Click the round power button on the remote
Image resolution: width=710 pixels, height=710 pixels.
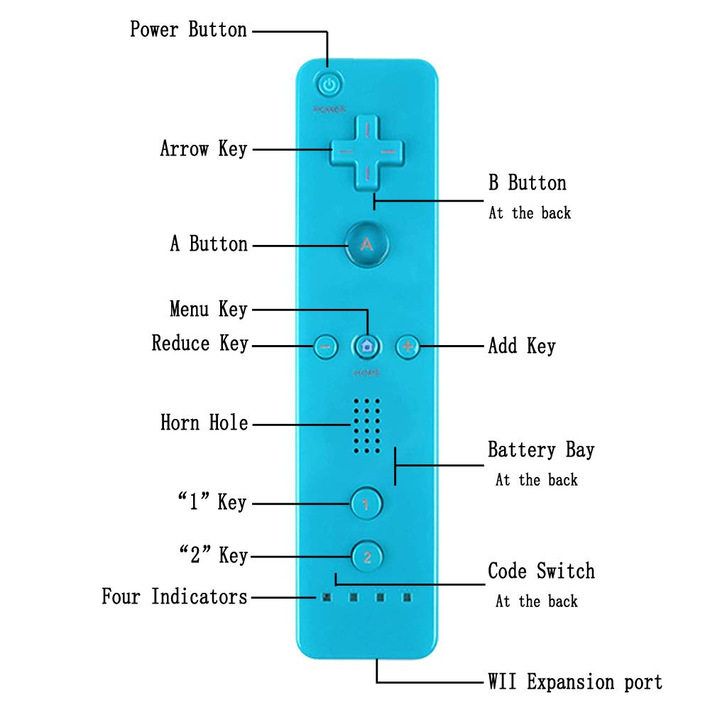(x=328, y=86)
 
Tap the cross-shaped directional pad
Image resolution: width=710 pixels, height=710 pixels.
(x=367, y=152)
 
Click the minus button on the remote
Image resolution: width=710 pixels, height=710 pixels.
(x=324, y=347)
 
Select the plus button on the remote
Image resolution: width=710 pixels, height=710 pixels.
(x=408, y=346)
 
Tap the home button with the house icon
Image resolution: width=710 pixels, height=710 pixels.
(x=367, y=346)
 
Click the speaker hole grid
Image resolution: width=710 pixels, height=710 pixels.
(x=367, y=425)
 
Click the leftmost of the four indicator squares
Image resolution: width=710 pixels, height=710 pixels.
(x=326, y=598)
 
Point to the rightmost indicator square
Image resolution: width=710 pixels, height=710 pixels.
(x=407, y=598)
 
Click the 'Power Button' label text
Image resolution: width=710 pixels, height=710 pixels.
(x=188, y=30)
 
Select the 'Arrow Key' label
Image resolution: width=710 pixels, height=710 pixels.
(x=203, y=149)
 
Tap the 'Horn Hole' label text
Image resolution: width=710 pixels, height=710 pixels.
(x=204, y=423)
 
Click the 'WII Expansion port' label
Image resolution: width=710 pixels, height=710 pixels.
(x=575, y=682)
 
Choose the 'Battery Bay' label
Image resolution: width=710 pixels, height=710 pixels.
(x=540, y=450)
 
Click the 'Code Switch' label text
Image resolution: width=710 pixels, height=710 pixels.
(x=540, y=571)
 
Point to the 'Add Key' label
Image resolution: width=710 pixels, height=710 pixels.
(x=521, y=346)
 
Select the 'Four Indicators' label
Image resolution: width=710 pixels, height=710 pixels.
(x=174, y=596)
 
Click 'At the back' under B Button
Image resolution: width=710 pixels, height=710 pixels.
(x=529, y=213)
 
